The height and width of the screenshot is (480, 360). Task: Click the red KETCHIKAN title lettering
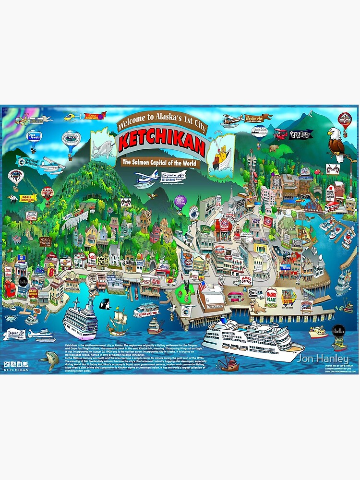[162, 141]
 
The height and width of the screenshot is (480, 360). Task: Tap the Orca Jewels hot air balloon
[34, 136]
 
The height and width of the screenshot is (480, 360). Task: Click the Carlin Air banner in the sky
[258, 117]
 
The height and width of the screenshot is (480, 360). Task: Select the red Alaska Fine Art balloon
[48, 193]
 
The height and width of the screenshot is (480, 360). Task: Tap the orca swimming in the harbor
[104, 303]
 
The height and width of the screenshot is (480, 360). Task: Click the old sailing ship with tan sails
[118, 320]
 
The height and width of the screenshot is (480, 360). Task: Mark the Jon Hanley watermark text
[322, 359]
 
